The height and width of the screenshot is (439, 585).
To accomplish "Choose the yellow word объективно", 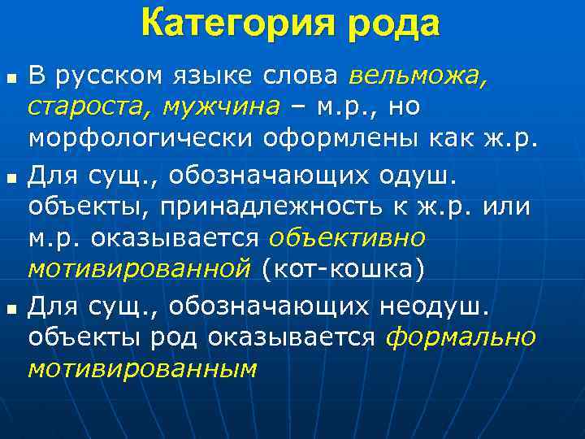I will point(346,237).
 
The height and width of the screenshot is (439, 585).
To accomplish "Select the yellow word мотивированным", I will point(142,368).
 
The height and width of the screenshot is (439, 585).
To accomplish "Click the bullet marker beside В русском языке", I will point(11,78).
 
